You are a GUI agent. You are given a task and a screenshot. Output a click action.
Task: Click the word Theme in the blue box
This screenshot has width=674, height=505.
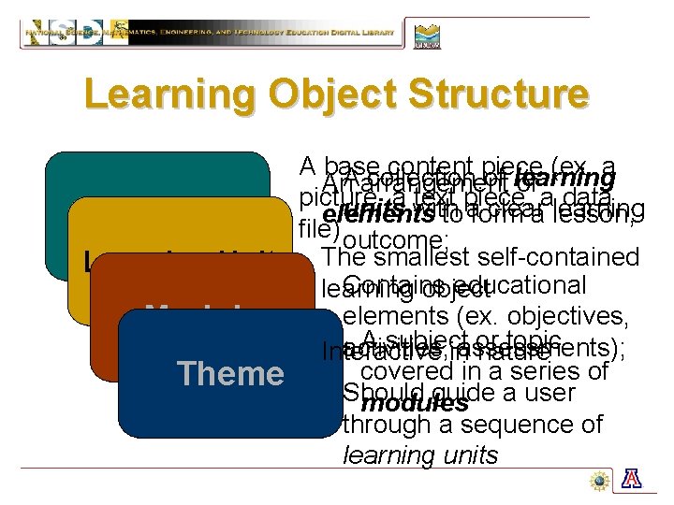tap(230, 373)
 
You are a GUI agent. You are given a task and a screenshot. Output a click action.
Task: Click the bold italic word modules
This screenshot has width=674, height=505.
tap(414, 404)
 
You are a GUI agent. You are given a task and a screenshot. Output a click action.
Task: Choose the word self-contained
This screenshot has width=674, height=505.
tap(559, 257)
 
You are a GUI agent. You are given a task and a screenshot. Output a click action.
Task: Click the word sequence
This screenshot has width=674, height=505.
tap(522, 426)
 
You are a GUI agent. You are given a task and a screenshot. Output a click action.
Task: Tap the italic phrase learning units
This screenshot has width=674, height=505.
tap(420, 455)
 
